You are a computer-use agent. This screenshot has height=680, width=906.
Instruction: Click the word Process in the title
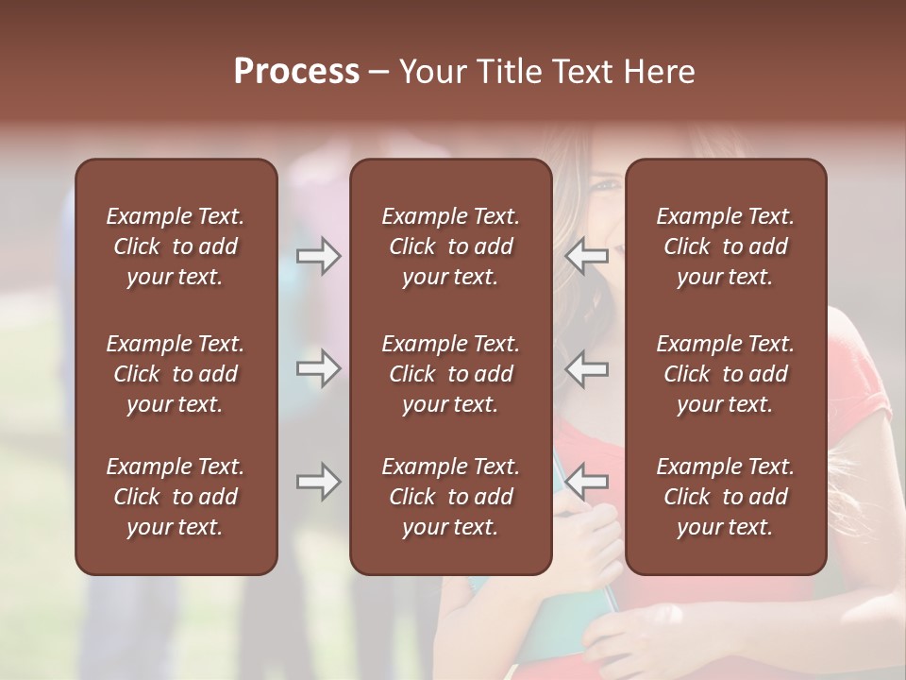296,72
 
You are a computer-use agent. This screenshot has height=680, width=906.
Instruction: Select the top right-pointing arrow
318,256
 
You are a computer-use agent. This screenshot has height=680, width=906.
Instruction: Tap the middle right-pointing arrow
318,368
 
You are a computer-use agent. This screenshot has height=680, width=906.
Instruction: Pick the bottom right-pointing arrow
318,482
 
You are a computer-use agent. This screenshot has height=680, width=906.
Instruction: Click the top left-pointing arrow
587,256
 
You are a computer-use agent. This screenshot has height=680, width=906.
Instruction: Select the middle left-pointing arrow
587,368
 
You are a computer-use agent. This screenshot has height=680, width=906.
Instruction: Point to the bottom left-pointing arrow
587,482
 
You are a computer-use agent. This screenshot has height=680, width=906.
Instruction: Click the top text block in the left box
176,246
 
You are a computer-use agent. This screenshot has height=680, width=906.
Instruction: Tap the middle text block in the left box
176,374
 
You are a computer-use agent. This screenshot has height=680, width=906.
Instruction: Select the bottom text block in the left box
176,497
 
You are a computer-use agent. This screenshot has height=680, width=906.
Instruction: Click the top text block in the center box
451,246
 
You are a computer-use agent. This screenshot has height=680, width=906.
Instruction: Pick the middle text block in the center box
451,374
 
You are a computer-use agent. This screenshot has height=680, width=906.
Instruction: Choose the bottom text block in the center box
451,497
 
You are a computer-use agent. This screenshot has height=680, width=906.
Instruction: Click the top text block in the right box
726,246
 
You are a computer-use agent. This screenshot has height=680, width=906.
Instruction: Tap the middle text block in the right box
726,374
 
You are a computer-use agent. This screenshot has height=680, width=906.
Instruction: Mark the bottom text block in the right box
726,497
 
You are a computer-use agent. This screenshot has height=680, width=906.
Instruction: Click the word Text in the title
583,72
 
